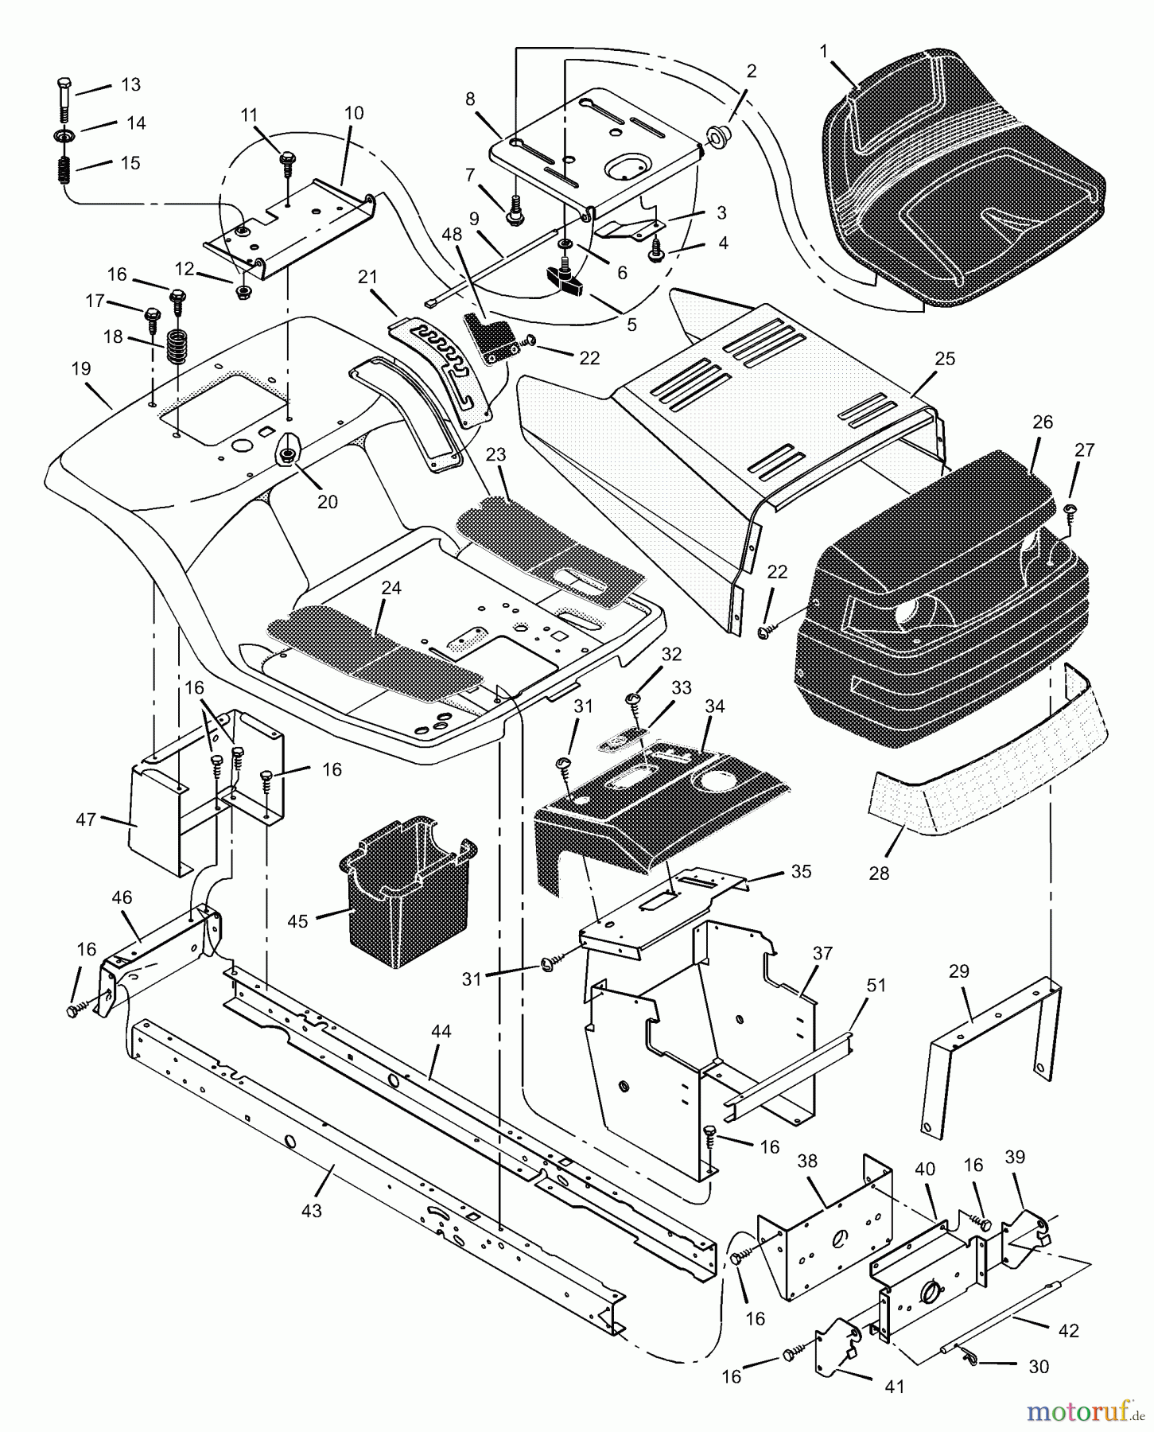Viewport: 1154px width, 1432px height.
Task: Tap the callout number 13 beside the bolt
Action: [130, 84]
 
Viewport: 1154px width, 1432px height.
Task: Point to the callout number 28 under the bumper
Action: [879, 873]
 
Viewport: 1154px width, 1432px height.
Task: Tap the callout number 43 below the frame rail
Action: [312, 1210]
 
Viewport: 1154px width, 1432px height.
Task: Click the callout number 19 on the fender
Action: [81, 368]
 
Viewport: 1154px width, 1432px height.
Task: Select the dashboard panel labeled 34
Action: [660, 804]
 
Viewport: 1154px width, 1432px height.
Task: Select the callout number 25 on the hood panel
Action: [944, 359]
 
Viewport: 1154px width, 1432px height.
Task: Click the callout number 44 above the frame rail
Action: [441, 1031]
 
